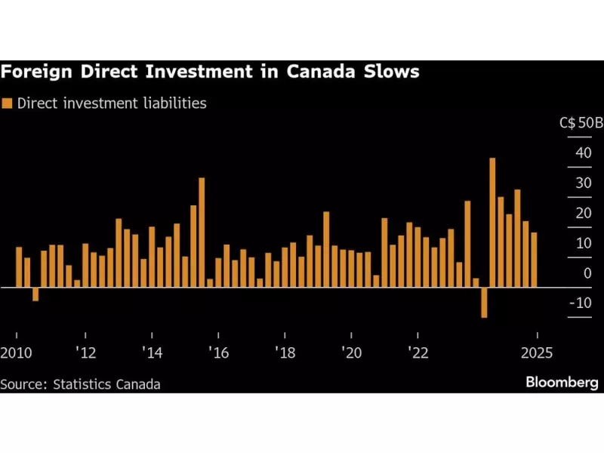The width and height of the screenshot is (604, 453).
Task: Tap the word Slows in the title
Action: pos(393,73)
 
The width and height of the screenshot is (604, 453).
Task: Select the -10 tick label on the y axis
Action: pos(580,303)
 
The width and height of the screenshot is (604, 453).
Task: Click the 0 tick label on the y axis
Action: pos(586,273)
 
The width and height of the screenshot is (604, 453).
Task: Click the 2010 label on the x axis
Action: pos(15,353)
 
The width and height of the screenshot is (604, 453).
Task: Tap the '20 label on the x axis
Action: pos(350,353)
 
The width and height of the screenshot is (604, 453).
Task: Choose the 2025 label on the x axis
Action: pos(536,353)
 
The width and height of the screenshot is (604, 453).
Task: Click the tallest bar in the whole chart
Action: pos(492,222)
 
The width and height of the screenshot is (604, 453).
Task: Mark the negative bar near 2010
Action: pos(35,294)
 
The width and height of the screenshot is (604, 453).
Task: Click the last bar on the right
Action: pos(534,260)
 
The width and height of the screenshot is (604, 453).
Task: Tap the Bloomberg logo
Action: pos(562,383)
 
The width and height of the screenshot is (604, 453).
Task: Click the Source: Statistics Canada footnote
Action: pos(80,384)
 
